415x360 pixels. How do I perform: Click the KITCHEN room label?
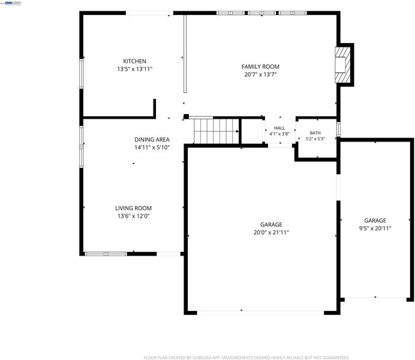pos(134,61)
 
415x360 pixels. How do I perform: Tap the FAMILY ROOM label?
pos(260,67)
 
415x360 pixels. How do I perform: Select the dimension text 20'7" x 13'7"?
pos(260,74)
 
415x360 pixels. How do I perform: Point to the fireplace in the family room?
pos(343,65)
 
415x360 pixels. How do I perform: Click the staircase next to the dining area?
pos(216,131)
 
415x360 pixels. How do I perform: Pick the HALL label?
pos(279,128)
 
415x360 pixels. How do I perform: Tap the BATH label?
pos(315,133)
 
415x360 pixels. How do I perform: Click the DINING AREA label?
pos(152,139)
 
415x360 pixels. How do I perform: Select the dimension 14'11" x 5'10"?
pos(152,148)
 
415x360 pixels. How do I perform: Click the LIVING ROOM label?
pos(133,208)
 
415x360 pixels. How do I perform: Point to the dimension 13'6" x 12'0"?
pos(133,216)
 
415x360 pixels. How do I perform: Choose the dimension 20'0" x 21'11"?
pos(271,232)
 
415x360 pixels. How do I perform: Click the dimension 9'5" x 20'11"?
pos(375,228)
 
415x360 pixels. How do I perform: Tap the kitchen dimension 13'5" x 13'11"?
pos(135,69)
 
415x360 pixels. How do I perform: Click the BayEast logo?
pos(13,3)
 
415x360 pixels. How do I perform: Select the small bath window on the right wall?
pos(338,129)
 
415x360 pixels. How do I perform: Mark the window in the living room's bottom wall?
pos(106,254)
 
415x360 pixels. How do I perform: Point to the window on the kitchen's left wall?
pos(82,74)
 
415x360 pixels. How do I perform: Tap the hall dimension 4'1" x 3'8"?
pos(279,134)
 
